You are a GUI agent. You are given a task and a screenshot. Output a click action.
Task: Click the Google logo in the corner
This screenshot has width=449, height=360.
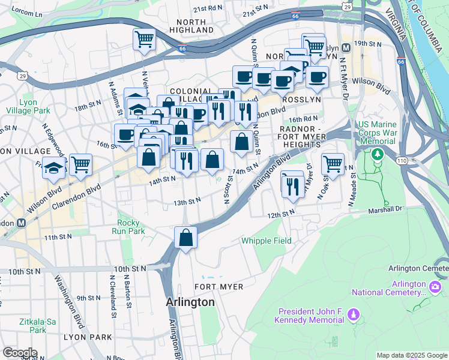tap(19, 353)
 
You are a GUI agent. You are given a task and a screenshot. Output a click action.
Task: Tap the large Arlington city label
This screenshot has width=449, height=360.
tap(190, 302)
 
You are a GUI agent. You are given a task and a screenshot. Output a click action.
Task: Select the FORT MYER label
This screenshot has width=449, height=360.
tap(219, 287)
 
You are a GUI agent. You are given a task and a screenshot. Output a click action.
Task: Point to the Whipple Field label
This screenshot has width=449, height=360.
tap(266, 241)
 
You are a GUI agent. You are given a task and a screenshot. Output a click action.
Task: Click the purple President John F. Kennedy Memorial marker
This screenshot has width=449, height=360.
tap(354, 314)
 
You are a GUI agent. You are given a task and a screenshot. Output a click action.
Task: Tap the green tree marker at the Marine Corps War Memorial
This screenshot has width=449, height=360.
tap(377, 154)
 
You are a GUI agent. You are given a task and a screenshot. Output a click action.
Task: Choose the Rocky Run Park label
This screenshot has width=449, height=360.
tap(131, 227)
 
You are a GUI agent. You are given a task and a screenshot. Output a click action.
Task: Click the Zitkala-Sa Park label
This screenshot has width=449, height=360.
tap(28, 326)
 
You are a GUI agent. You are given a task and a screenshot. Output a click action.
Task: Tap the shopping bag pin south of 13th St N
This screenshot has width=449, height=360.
tap(186, 238)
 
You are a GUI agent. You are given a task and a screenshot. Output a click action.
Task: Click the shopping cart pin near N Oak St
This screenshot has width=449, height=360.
tap(332, 163)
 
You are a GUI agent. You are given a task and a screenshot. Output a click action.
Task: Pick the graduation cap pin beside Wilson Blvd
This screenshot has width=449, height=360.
tap(53, 169)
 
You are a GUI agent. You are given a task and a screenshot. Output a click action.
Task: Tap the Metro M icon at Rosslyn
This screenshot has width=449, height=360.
tap(346, 48)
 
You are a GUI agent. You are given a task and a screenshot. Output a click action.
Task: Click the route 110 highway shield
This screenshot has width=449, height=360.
tap(400, 161)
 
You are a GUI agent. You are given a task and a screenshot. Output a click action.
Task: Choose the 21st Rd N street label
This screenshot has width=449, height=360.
tap(208, 9)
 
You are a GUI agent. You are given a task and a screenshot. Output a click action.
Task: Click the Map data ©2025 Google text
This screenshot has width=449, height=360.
tap(411, 355)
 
